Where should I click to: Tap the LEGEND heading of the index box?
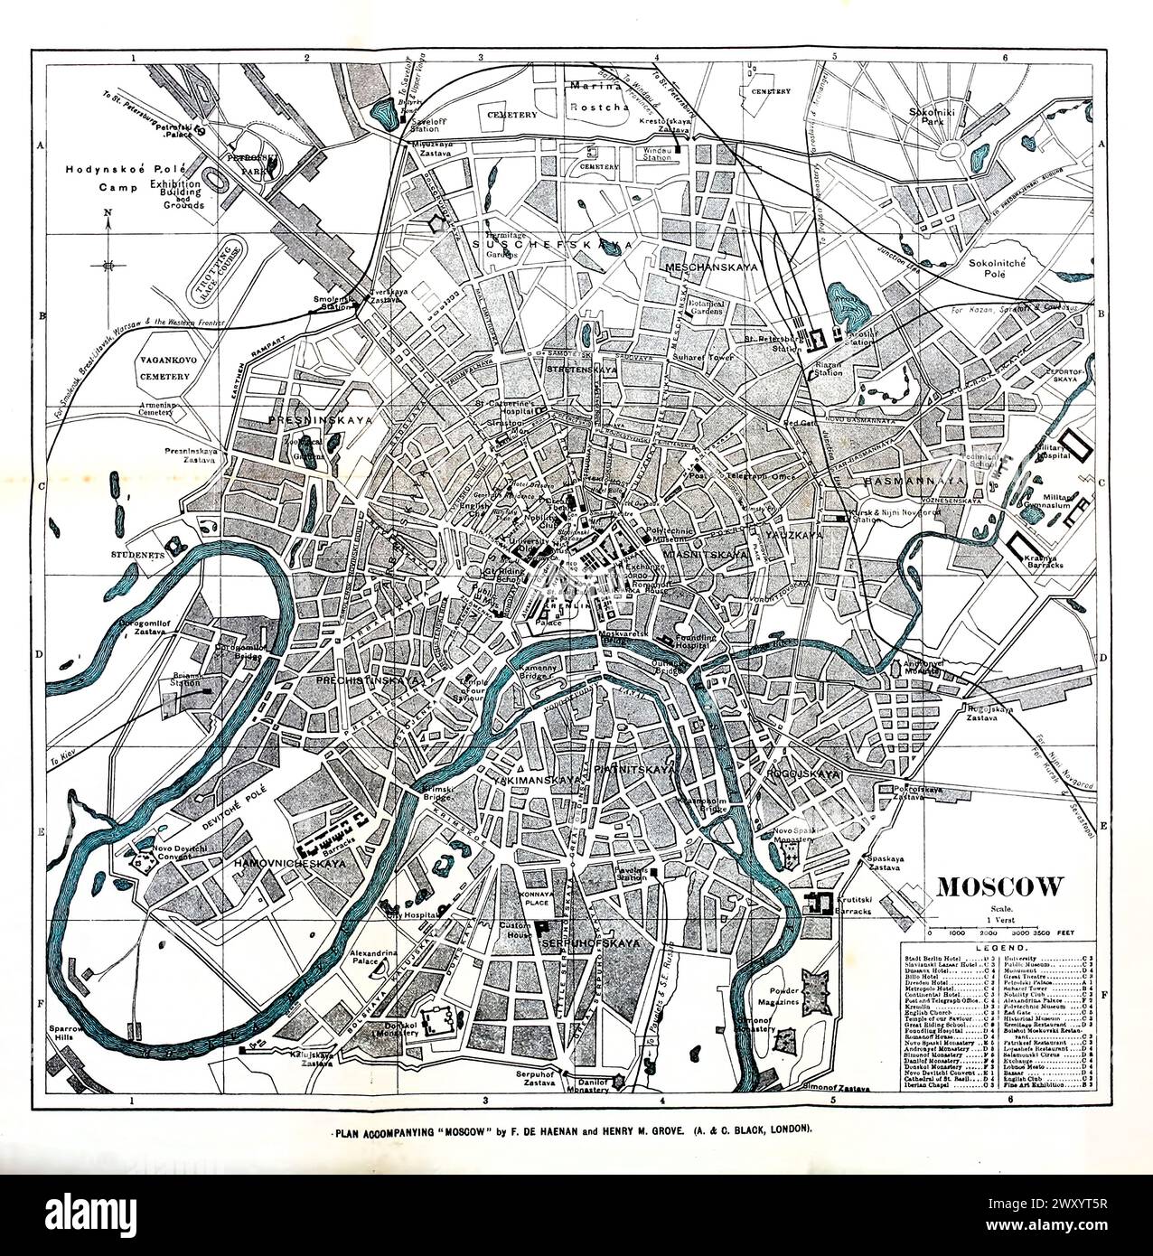[998, 945]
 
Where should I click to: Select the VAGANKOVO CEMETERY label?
[164, 368]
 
